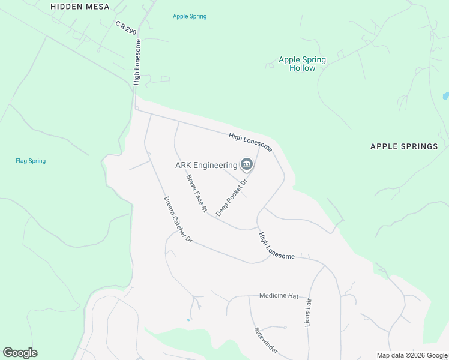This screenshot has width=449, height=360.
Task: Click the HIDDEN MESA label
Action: coord(80,7)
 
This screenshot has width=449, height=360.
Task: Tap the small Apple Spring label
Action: coord(190,16)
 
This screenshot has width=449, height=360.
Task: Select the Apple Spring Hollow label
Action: coord(302,64)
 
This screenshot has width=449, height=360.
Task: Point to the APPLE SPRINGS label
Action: coord(404,146)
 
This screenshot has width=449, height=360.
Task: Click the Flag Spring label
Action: coord(31,161)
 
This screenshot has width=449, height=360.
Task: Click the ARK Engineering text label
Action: coord(206,165)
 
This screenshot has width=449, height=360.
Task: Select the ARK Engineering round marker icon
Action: coord(246,164)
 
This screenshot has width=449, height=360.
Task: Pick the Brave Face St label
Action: coord(196,194)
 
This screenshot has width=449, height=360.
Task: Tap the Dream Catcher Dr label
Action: coord(178,220)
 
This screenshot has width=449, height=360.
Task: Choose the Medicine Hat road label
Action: coord(279,296)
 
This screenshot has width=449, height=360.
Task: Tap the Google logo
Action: coord(20,353)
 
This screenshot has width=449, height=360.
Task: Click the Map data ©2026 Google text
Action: coord(412,355)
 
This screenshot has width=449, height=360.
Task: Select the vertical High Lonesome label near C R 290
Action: coord(137,62)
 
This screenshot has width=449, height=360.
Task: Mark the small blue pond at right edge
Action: coord(445,96)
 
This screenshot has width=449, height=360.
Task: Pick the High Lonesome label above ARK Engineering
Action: coord(250,142)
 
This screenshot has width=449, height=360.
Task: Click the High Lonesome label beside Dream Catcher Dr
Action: coord(276,246)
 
